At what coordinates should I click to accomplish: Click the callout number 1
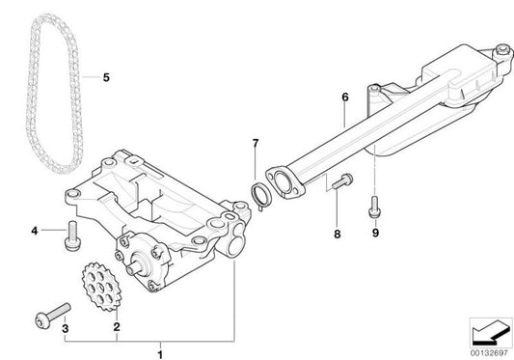[161, 345]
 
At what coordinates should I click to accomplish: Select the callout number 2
[117, 328]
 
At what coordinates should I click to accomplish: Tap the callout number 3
[66, 328]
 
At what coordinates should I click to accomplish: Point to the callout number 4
[34, 231]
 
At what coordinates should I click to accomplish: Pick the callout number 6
[343, 96]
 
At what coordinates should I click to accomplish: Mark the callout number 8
[337, 233]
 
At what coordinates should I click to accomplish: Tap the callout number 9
[374, 233]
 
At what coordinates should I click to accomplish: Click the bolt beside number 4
[70, 234]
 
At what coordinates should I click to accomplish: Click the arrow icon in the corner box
[488, 330]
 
